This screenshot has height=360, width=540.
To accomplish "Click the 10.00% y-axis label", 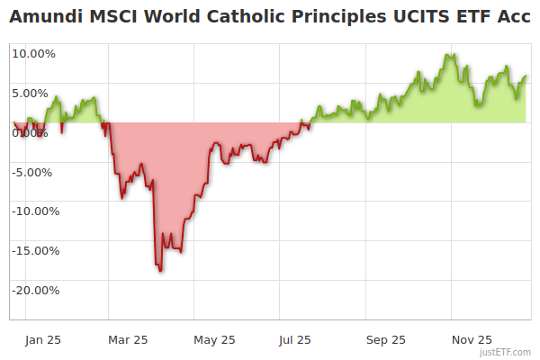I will pyautogui.click(x=33, y=53).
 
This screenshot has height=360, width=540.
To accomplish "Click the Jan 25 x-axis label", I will pyautogui.click(x=42, y=340).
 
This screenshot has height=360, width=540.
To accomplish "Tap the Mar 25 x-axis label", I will pyautogui.click(x=128, y=340).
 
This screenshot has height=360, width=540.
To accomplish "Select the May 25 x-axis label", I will pyautogui.click(x=214, y=340).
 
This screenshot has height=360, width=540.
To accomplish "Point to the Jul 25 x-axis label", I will pyautogui.click(x=294, y=340).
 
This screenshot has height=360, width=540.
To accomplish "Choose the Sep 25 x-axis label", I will pyautogui.click(x=385, y=340).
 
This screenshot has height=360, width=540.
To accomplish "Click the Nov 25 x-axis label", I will pyautogui.click(x=472, y=340).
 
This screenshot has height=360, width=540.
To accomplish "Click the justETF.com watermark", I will pyautogui.click(x=507, y=352).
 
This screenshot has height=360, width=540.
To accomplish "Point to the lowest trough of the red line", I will pyautogui.click(x=160, y=270).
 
